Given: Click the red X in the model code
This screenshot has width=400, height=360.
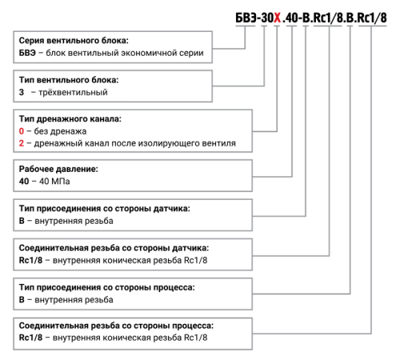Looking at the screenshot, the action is tap(278, 18).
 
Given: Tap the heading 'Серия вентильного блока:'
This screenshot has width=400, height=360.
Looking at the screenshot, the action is tap(74, 41).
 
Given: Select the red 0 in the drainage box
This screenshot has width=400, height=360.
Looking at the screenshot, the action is tap(22, 131).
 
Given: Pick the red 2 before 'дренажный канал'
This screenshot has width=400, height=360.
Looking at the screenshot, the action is tap(22, 143).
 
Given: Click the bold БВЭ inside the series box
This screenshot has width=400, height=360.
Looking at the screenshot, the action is tap(27, 53).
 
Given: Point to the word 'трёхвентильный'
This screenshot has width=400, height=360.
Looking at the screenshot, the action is tap(73, 92).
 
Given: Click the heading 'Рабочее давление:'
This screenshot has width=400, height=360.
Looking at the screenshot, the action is tap(58, 169).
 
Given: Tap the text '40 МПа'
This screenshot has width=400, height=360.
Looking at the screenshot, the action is tap(54, 182).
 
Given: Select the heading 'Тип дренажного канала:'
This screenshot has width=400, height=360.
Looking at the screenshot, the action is tap(70, 118).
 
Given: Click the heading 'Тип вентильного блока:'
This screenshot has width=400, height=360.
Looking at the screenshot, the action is tap(69, 80).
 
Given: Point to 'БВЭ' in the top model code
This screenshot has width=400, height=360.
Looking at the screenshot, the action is tap(246, 18).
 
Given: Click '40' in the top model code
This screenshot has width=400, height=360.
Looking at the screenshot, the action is tap(291, 18).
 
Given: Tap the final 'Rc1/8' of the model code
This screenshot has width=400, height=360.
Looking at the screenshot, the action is tap(372, 18).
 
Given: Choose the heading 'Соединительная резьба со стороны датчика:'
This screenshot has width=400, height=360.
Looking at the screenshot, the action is tap(114, 248).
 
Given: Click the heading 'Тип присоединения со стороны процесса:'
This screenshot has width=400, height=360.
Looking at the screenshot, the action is tap(106, 287).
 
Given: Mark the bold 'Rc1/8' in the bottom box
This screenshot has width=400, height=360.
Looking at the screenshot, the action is tap(30, 338).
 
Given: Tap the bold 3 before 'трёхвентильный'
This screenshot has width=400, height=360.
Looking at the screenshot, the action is tap(22, 92).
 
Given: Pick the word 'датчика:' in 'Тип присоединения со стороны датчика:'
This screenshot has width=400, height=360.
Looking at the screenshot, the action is tap(172, 209).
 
